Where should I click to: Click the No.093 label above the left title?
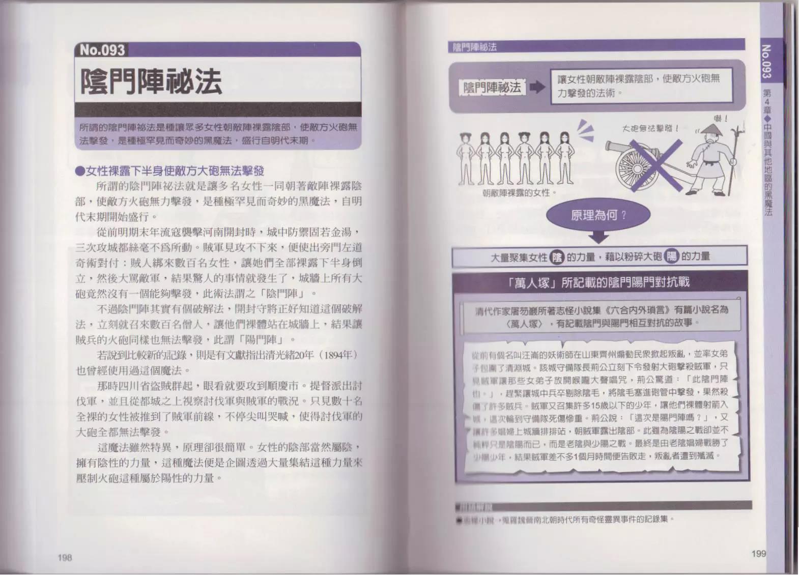[x=102, y=50]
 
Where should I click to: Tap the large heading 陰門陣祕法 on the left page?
[x=151, y=81]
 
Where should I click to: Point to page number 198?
[x=65, y=557]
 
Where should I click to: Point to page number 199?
[x=758, y=553]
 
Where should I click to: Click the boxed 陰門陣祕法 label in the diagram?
[x=492, y=88]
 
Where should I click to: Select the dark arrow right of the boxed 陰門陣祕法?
[x=537, y=88]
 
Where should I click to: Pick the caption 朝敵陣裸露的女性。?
[x=519, y=193]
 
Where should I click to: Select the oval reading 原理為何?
[x=598, y=215]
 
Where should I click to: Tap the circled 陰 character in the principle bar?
[x=557, y=257]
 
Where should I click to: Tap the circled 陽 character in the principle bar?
[x=672, y=257]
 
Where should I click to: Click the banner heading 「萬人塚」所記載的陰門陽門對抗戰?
[x=599, y=282]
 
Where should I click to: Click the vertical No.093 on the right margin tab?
[x=766, y=61]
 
